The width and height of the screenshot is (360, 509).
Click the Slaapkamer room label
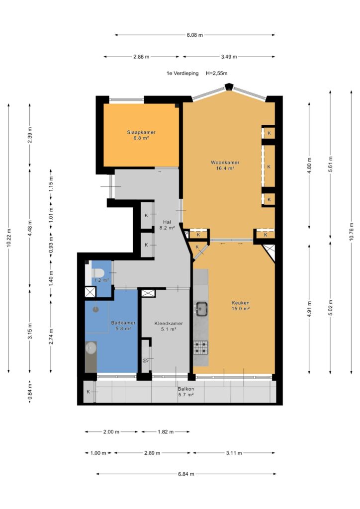(141, 135)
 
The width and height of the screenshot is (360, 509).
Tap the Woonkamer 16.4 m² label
(225, 165)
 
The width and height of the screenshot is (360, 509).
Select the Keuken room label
(240, 306)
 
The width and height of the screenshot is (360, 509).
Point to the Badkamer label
(123, 326)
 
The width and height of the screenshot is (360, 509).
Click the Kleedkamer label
(169, 326)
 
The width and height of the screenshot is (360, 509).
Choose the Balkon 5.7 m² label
(185, 392)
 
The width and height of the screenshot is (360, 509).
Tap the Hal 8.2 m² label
(167, 225)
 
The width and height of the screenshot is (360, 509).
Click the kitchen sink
(201, 308)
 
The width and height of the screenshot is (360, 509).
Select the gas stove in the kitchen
(200, 347)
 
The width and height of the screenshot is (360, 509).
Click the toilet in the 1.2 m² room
(96, 272)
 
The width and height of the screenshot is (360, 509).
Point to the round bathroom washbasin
(90, 348)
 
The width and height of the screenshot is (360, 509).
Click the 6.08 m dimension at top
(195, 35)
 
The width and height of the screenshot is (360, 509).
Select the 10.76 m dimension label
(351, 232)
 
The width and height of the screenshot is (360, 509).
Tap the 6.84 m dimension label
(186, 474)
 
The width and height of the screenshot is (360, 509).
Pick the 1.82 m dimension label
(166, 432)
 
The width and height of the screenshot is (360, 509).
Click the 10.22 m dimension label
(9, 238)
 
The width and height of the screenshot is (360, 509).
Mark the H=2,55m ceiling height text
(216, 74)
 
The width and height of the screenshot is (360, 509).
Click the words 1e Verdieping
(182, 74)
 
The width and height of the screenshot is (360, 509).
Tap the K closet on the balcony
(89, 392)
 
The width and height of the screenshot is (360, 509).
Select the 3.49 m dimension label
(229, 57)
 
